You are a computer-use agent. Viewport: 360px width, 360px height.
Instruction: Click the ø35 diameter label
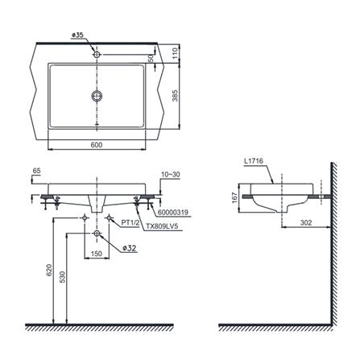point(77,35)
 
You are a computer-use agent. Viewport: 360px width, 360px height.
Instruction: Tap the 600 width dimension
point(97,145)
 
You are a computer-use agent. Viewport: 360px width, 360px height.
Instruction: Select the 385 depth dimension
point(176,96)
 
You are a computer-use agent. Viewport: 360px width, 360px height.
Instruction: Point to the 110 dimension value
point(176,53)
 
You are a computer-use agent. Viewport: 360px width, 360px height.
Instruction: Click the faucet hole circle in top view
point(97,55)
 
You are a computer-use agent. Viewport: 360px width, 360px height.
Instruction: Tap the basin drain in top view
point(97,96)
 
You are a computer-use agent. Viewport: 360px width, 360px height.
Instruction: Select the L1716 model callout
point(254,161)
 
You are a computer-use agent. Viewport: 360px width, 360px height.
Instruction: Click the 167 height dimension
point(235,198)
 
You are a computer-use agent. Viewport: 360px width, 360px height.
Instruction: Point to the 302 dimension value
point(306,222)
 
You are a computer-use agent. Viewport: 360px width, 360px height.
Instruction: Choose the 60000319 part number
point(173,213)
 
